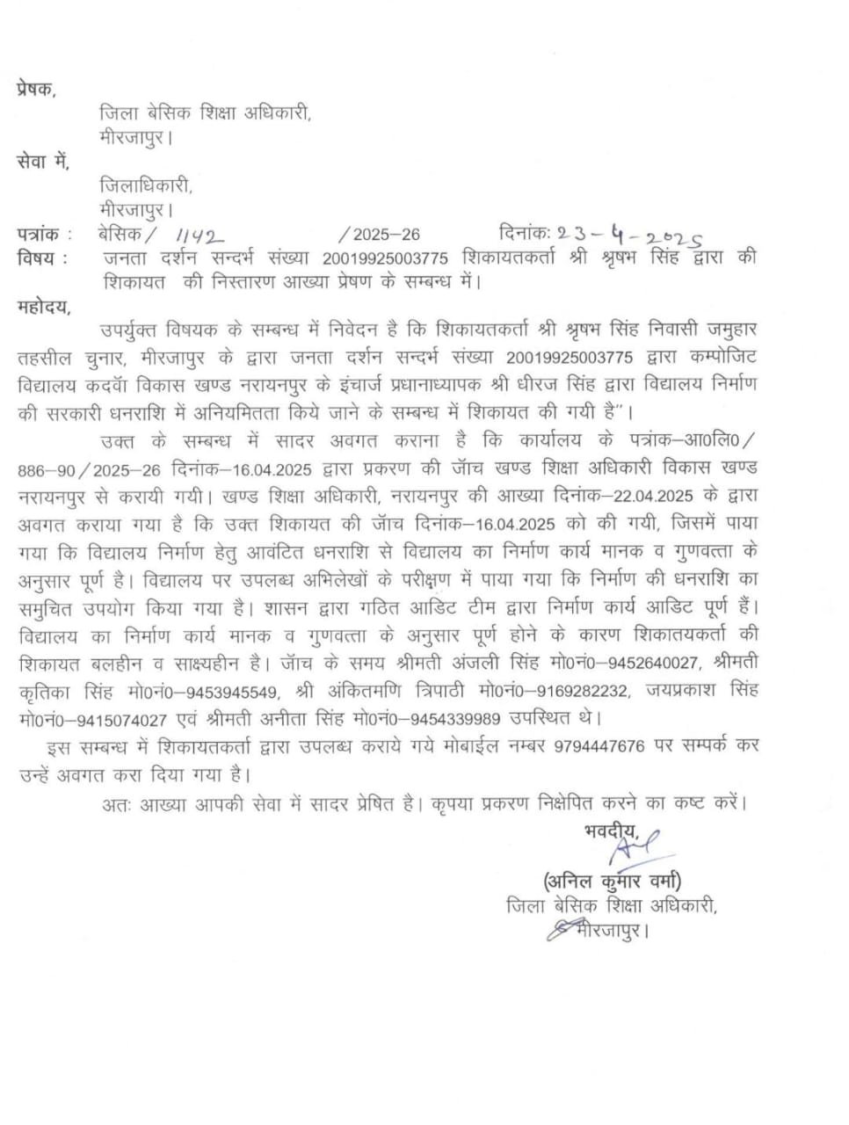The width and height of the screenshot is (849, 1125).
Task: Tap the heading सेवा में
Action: coord(42,163)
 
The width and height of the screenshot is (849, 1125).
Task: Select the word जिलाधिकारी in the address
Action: coord(146,186)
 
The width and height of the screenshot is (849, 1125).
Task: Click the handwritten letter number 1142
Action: coord(200,236)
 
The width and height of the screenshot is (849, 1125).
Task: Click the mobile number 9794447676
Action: coord(599,746)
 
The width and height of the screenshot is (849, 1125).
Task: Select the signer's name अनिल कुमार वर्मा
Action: coord(613,880)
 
